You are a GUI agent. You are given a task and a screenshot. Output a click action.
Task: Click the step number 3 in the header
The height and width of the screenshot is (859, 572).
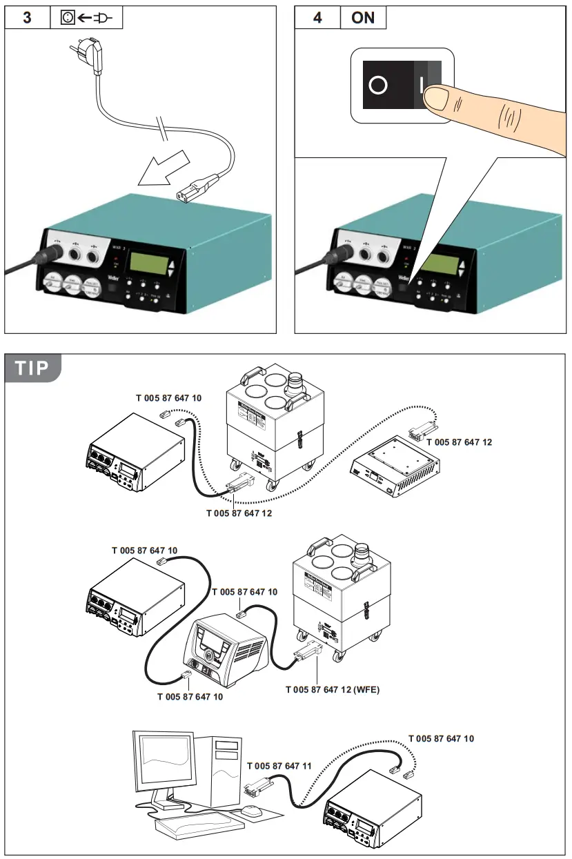click(27, 17)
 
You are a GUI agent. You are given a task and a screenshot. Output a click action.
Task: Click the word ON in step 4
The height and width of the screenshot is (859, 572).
click(363, 17)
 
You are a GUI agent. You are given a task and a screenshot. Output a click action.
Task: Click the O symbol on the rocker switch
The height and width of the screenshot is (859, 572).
click(377, 86)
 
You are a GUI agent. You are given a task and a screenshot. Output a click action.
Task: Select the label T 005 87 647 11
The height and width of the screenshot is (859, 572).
click(279, 766)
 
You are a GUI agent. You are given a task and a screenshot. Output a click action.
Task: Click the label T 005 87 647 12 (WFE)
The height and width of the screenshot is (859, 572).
click(333, 689)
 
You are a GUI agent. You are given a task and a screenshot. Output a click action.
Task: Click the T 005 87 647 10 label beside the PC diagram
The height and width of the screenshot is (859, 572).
click(441, 738)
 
